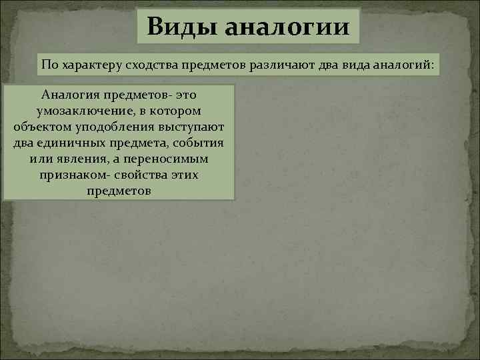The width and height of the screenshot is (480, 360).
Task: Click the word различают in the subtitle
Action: pyautogui.click(x=279, y=65)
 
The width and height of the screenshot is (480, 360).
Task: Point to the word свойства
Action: pyautogui.click(x=139, y=175)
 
